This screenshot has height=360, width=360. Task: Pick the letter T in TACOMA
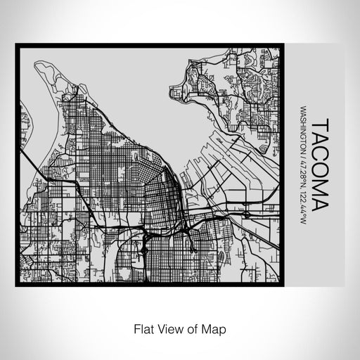click(x=318, y=124)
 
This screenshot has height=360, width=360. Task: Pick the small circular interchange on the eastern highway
click(x=247, y=214)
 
